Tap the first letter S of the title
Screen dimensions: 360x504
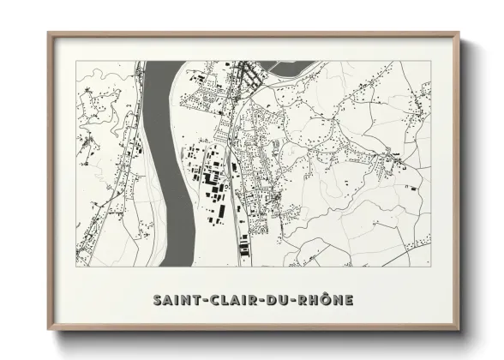pos(158,301)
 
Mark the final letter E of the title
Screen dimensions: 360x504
pos(347,301)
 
